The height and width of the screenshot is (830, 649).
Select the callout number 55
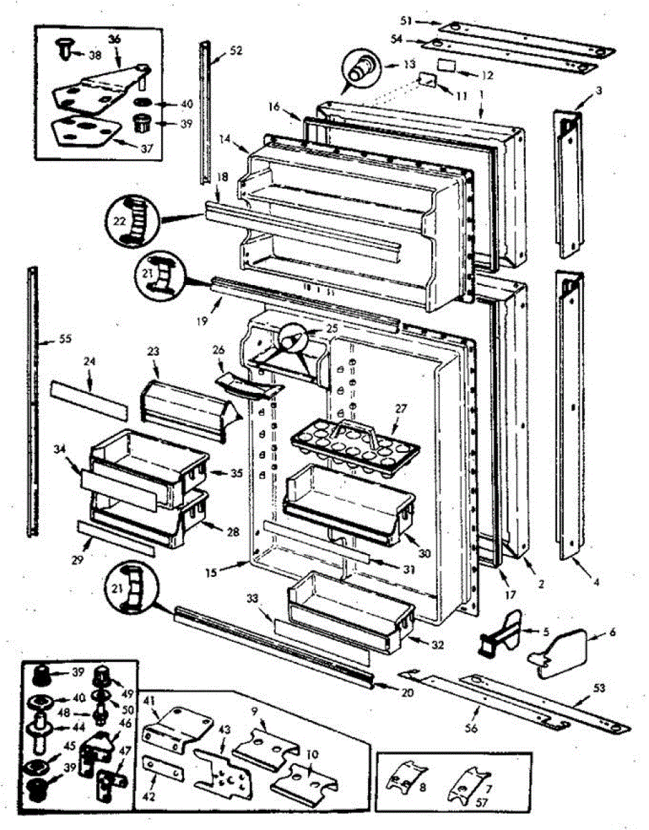pos(46,340)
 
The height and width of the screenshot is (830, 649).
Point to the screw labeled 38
pos(63,48)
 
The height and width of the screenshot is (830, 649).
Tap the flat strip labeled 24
pos(89,402)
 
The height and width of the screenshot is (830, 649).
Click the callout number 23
pos(153,351)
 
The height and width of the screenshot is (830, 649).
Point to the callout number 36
pos(114,39)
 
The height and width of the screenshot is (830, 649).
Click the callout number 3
pos(599,90)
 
